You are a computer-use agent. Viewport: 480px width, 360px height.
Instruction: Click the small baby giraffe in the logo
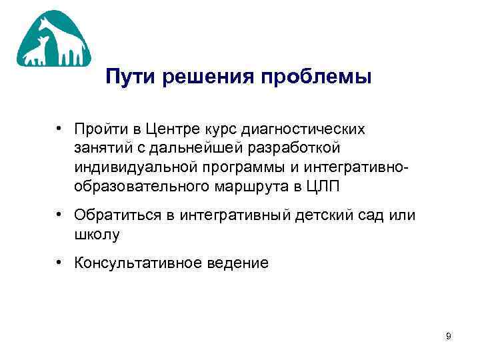click(39, 52)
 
